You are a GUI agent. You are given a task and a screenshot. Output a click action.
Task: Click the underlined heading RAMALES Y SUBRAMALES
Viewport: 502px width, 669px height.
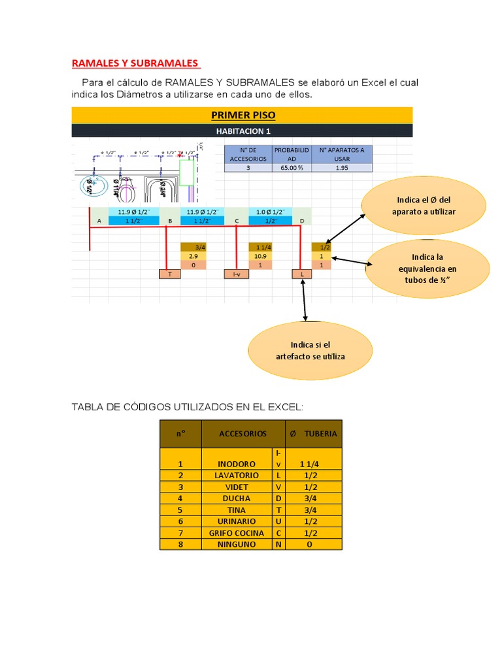[x=135, y=63]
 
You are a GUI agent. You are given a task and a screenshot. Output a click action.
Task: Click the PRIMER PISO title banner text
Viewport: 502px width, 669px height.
[x=243, y=116]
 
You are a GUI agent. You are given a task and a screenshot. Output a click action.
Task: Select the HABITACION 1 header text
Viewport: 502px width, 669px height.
[x=243, y=131]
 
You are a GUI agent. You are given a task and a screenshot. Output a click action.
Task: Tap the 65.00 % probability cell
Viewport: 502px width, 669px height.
[x=290, y=167]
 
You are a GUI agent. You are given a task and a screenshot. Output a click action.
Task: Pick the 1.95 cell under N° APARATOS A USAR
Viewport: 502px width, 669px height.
[x=341, y=167]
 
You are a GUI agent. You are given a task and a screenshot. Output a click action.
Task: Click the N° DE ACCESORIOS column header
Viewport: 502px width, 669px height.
[x=245, y=154]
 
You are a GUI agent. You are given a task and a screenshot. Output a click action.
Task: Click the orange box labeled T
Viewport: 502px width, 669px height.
[x=170, y=274]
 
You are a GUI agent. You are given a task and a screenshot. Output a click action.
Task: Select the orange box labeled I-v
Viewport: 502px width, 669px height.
[x=236, y=274]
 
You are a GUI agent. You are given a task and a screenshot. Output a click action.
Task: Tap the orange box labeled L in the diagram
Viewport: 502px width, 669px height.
[x=302, y=274]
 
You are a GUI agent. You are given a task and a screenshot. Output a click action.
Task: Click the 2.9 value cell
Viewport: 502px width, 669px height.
[x=193, y=256]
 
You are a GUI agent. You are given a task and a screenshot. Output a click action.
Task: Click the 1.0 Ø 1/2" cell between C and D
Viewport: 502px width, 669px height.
[x=269, y=212]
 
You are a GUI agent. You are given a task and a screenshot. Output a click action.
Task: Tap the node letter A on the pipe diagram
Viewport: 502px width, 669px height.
[x=99, y=221]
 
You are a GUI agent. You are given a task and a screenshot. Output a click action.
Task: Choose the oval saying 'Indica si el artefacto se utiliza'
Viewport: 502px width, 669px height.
[x=310, y=350]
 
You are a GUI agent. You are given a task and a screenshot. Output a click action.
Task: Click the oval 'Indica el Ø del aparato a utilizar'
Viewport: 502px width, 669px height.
[x=424, y=206]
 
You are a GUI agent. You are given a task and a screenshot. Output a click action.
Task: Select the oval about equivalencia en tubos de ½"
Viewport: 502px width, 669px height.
[x=427, y=269]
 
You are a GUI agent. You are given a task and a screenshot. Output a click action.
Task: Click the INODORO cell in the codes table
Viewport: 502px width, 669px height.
[x=237, y=464]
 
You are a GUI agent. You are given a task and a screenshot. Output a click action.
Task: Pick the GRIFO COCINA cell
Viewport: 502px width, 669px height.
[x=237, y=533]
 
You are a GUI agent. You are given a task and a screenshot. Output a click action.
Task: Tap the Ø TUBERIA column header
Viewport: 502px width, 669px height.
[x=313, y=433]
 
